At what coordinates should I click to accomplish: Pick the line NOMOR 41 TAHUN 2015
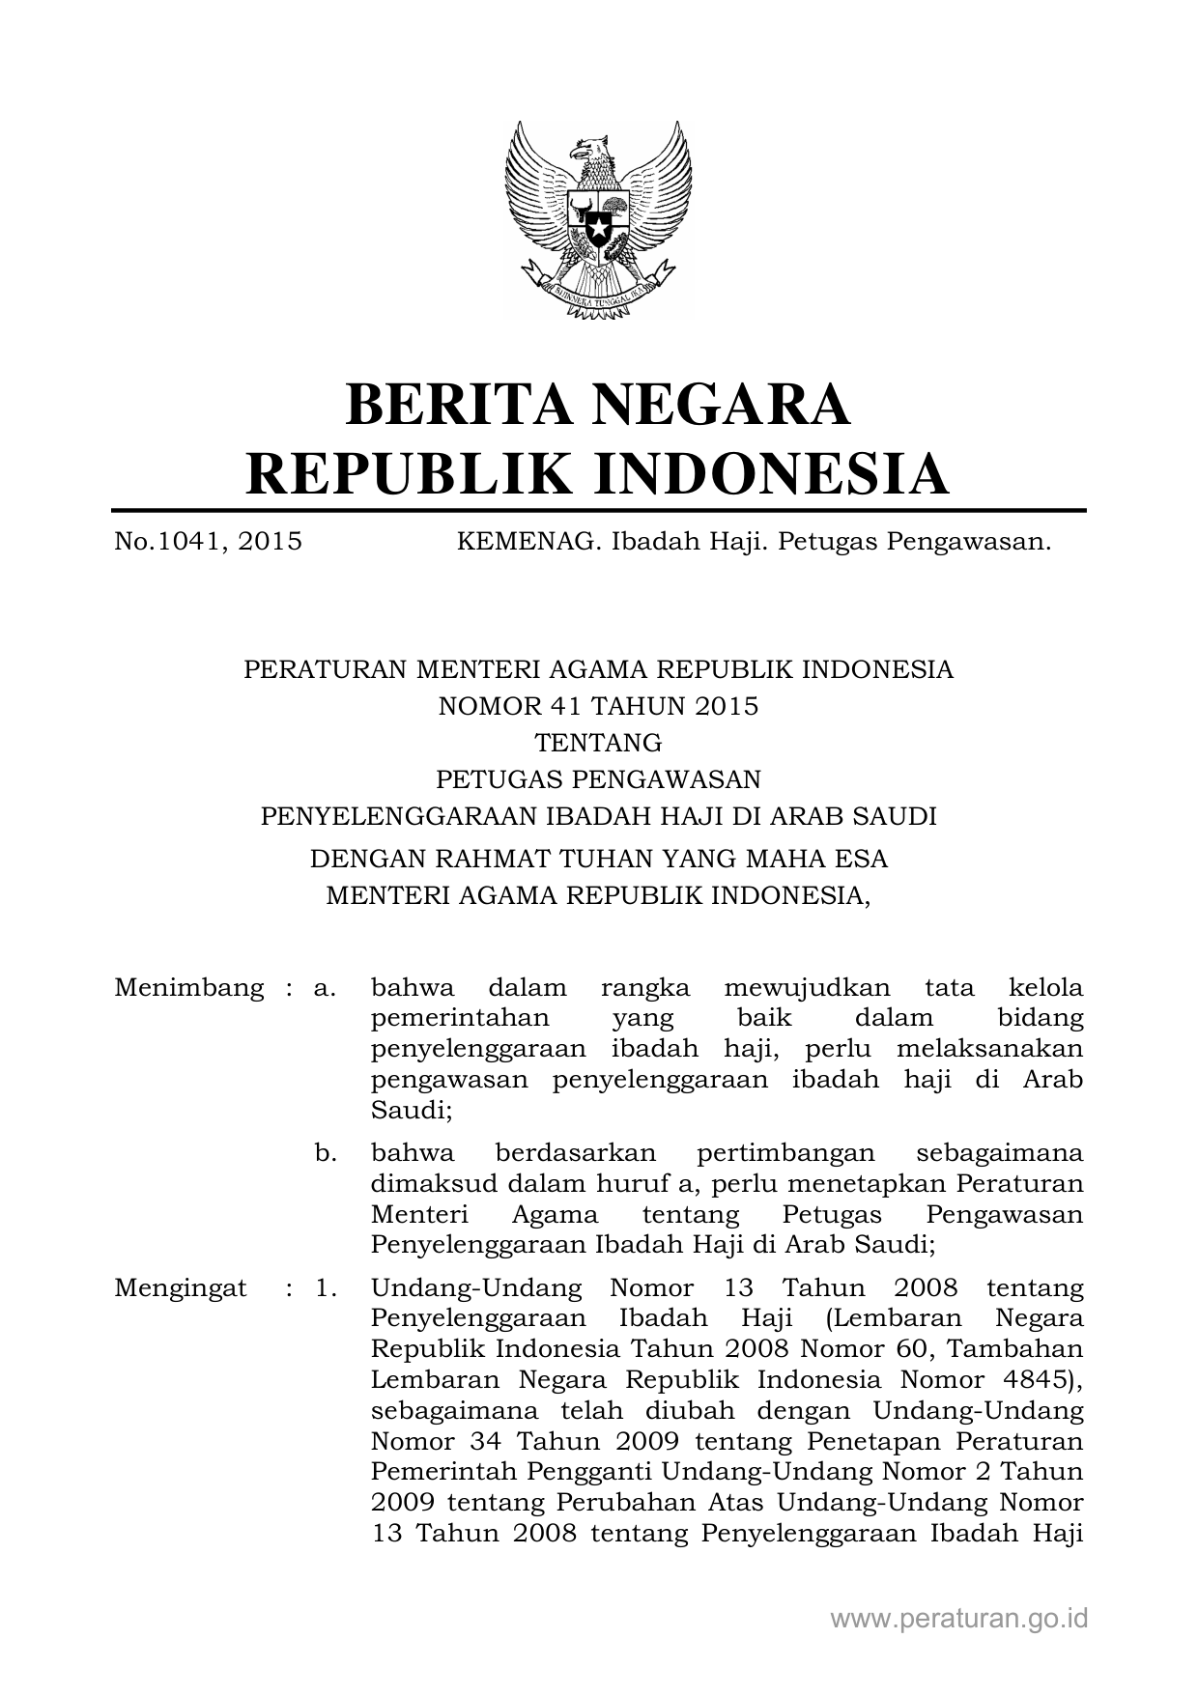click(598, 706)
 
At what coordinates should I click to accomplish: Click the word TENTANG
click(598, 743)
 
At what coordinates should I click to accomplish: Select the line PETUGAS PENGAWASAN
click(598, 778)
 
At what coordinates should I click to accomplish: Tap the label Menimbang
click(189, 988)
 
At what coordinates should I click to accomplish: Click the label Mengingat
click(180, 1287)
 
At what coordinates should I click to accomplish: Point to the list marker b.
click(326, 1152)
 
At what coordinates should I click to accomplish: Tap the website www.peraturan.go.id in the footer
click(959, 1619)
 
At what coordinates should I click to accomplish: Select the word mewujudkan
click(808, 988)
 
